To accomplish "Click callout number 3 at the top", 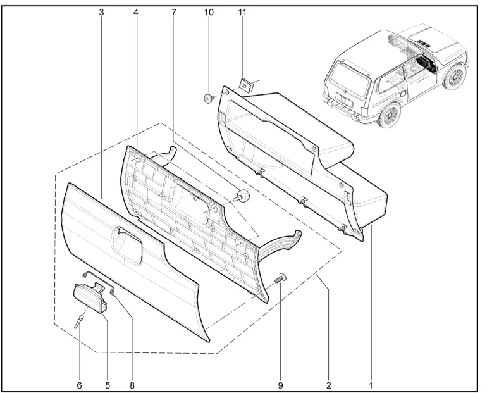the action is [102, 13].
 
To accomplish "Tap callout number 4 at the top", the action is [136, 13].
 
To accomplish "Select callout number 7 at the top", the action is [174, 13].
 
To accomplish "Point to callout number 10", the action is [209, 13].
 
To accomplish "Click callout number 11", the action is [242, 13].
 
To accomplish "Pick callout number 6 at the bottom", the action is [80, 385].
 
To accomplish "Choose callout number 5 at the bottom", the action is [107, 385].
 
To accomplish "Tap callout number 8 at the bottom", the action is [132, 385].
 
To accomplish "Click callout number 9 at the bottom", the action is [280, 385].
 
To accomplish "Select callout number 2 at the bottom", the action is [329, 385].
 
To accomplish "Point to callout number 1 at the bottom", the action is [371, 385].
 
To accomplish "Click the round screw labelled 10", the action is [209, 99].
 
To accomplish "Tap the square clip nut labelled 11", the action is [247, 85].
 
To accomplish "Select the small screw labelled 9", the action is [280, 277].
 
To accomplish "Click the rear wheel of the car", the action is [388, 115].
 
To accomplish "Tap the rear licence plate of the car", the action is [343, 99].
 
